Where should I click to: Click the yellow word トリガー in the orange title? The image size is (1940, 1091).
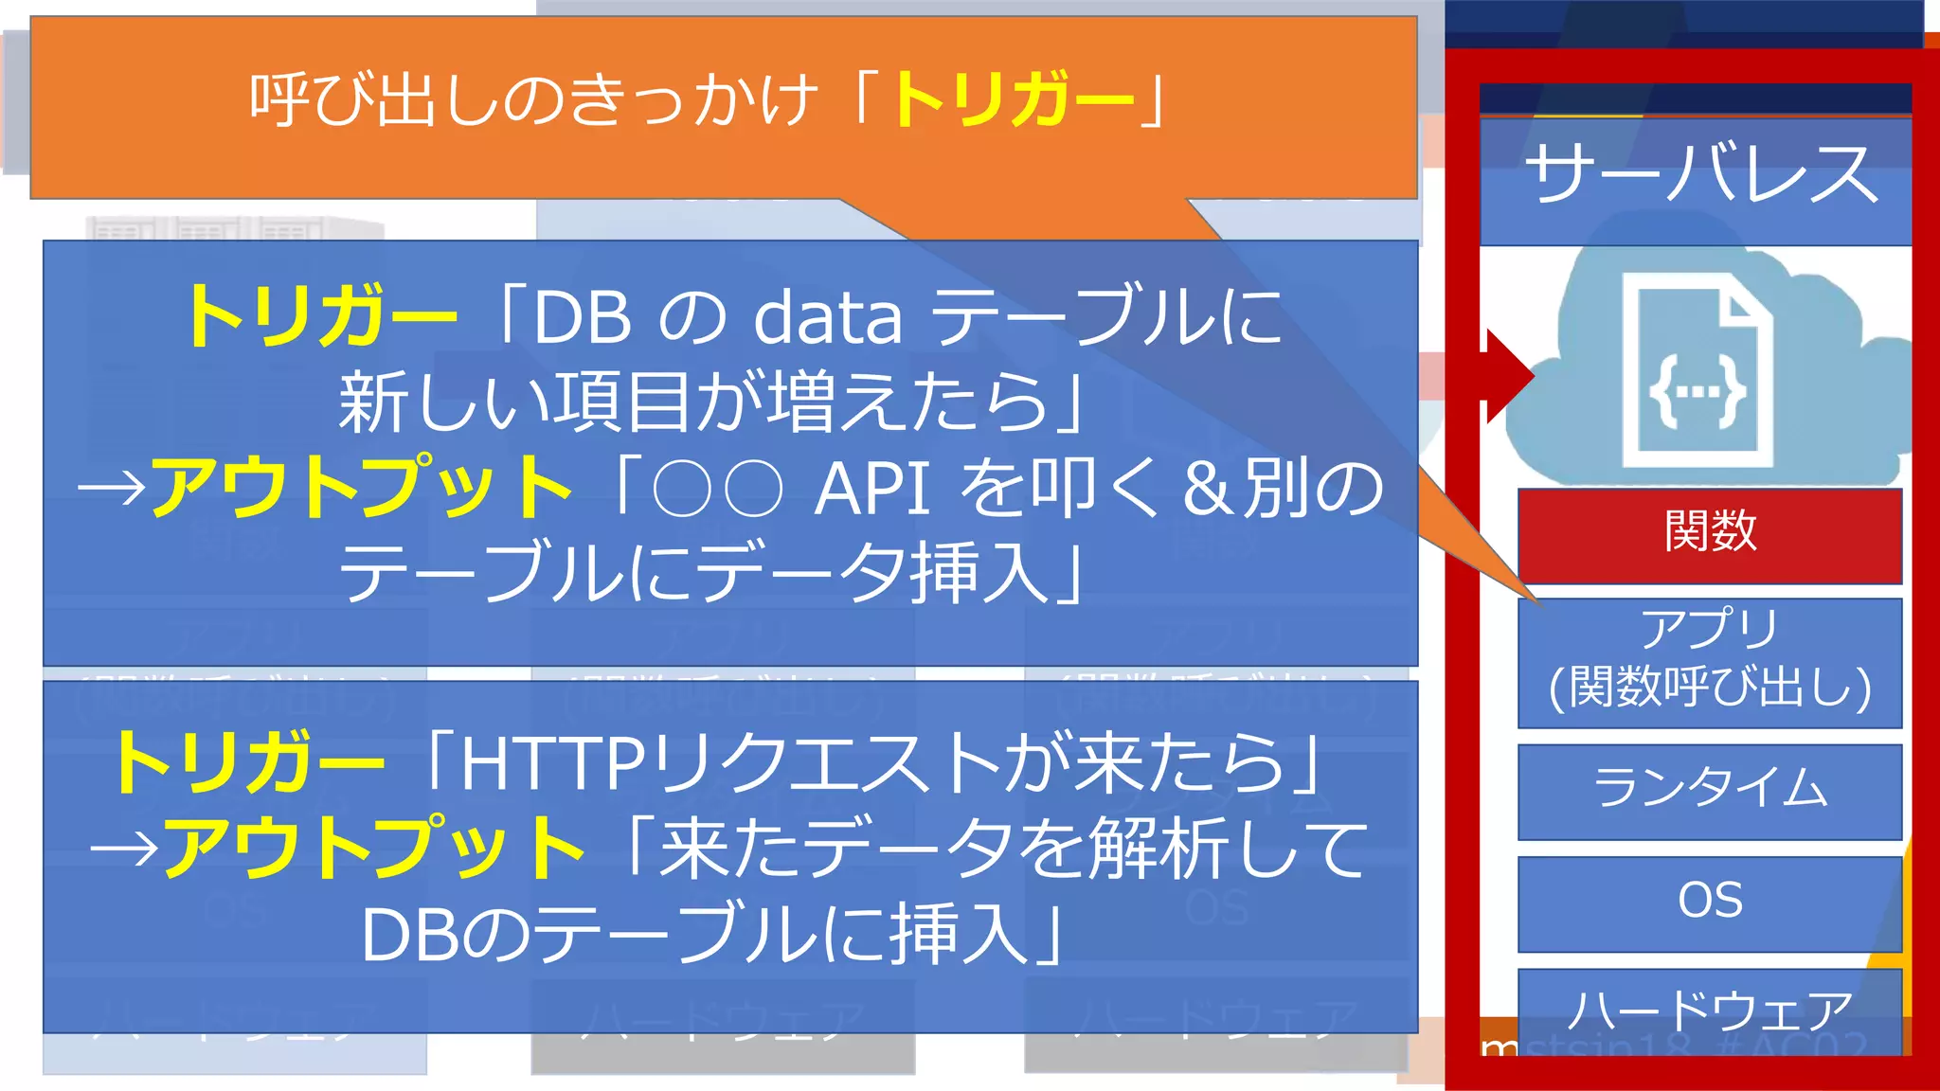[1014, 99]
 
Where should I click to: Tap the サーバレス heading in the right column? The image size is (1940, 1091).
[1700, 175]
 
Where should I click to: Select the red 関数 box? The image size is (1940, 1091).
[1710, 533]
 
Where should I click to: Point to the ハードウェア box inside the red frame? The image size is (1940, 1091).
[1710, 1010]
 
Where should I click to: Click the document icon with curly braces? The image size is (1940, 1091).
[1697, 371]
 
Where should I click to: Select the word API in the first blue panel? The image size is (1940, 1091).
[871, 490]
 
